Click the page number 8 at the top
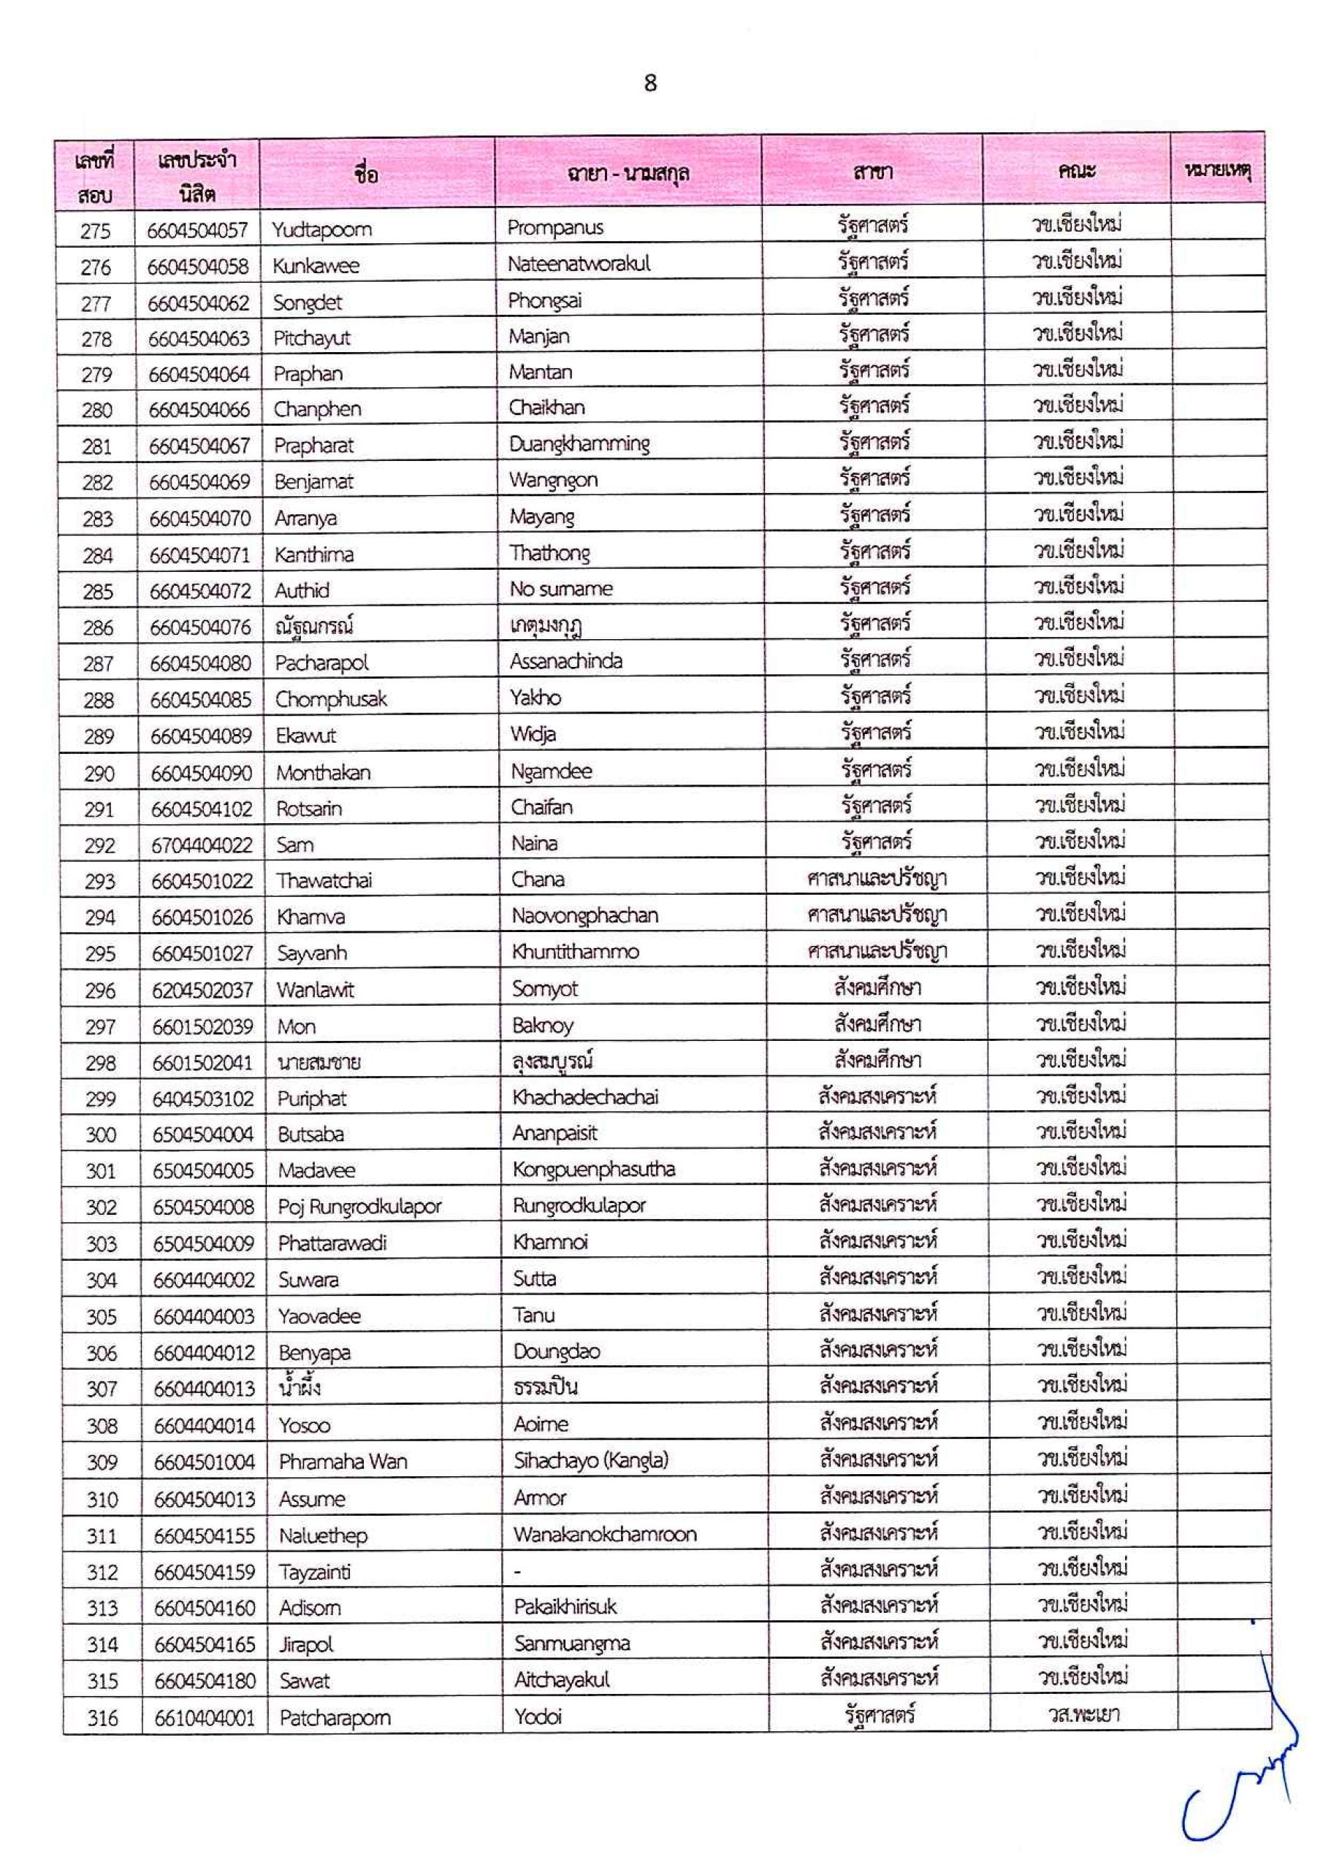tap(650, 83)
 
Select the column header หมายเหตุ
tap(1218, 171)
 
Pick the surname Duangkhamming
tap(579, 444)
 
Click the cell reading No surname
tap(560, 589)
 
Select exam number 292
tap(99, 845)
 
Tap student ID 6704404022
tap(202, 845)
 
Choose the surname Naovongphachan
tap(584, 916)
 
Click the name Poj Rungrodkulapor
tap(359, 1206)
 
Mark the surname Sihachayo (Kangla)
tap(590, 1460)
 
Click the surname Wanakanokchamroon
tap(604, 1535)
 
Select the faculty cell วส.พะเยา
tap(1083, 1714)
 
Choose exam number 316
tap(103, 1717)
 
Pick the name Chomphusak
tap(331, 700)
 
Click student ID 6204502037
tap(203, 991)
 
